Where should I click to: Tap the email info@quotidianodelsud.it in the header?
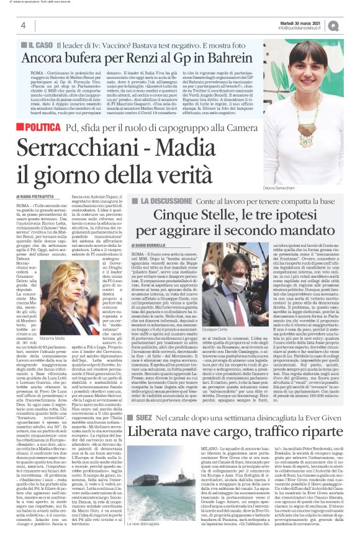(x=305, y=28)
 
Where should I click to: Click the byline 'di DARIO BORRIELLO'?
(x=163, y=247)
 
